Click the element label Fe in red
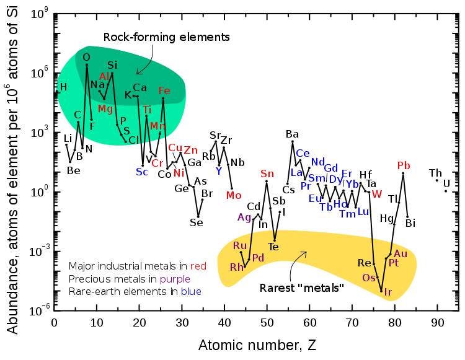click(164, 90)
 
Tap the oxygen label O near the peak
click(87, 57)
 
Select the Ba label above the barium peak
click(292, 134)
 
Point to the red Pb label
click(404, 165)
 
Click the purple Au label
click(401, 253)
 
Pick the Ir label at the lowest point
click(388, 292)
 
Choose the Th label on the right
click(435, 172)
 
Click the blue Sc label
click(142, 172)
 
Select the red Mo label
click(234, 195)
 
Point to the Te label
click(273, 247)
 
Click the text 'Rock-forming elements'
click(166, 37)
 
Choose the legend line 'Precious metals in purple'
click(131, 279)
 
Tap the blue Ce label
click(303, 153)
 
